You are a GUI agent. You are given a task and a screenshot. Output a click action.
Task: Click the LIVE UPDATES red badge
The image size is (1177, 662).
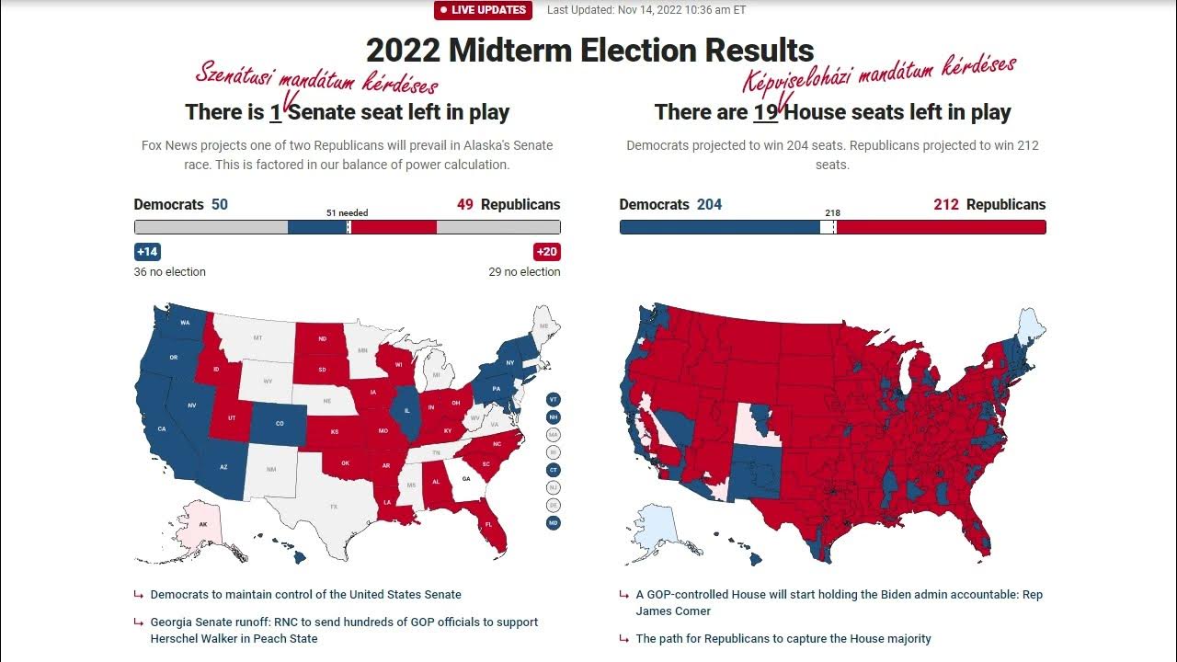[x=484, y=10]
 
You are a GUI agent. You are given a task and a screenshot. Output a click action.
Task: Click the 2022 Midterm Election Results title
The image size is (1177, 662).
[x=589, y=50]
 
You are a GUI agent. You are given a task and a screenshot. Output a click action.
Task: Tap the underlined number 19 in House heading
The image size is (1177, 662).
[x=765, y=112]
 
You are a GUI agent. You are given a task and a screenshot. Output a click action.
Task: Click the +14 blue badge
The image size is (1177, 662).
[x=147, y=252]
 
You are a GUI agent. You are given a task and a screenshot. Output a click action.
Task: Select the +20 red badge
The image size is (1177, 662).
[x=546, y=252]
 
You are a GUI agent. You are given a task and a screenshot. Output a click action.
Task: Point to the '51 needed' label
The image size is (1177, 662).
[x=347, y=212]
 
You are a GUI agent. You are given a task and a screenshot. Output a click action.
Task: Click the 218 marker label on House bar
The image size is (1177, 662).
[x=832, y=212]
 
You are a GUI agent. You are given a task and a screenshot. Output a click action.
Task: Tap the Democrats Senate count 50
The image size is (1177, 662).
[x=220, y=204]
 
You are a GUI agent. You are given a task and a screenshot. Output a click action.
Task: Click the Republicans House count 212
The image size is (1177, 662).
[x=946, y=204]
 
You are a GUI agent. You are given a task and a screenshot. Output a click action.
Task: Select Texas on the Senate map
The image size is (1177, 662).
[x=333, y=505]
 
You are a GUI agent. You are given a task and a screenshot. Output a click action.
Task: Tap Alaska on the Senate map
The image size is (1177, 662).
[x=203, y=525]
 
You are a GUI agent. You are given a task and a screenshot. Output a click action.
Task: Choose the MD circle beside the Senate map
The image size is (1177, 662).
[x=553, y=523]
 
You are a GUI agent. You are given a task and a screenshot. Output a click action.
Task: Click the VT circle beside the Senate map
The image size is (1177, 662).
[x=553, y=399]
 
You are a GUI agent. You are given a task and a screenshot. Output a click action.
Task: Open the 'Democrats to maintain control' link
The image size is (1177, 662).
[x=305, y=595]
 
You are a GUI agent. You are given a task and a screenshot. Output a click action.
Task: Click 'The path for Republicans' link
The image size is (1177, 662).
[x=783, y=638]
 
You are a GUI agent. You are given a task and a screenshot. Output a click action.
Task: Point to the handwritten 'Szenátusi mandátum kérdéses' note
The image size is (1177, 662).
[x=316, y=80]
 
